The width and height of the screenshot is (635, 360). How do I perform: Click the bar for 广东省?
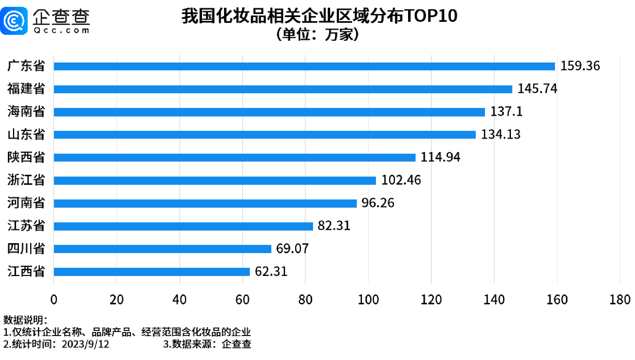tap(304, 66)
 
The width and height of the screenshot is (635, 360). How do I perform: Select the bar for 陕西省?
tap(234, 157)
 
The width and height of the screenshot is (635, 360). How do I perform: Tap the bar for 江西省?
tap(152, 272)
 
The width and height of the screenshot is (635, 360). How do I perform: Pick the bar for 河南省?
tap(205, 203)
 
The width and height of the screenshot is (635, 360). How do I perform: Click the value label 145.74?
tap(537, 89)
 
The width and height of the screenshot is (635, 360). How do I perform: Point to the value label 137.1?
tap(506, 112)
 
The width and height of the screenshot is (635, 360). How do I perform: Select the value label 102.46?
tap(401, 180)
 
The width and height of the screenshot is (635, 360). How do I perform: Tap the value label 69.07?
tap(292, 249)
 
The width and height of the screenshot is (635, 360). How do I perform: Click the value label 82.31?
tap(334, 226)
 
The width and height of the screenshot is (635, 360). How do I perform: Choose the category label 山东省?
tap(26, 135)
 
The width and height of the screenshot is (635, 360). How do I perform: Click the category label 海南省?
tap(26, 112)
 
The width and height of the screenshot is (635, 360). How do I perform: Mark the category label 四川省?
tap(26, 249)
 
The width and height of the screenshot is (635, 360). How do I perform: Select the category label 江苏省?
tap(26, 226)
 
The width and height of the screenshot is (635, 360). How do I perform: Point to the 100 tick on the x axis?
tap(368, 300)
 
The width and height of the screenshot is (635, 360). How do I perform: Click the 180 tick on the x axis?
tap(620, 300)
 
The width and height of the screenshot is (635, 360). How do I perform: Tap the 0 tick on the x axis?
tap(54, 300)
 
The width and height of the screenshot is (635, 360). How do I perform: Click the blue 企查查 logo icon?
tap(14, 21)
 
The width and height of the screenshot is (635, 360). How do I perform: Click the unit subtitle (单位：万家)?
tap(317, 34)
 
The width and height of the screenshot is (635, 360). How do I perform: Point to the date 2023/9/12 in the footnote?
tap(85, 344)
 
